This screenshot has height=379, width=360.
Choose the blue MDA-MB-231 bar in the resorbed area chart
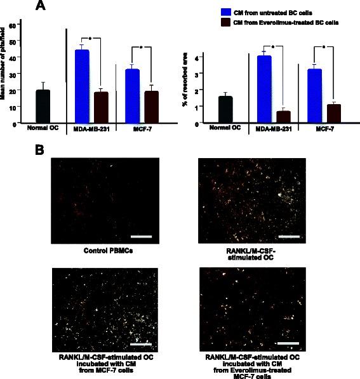(264, 89)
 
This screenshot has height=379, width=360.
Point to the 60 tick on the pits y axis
(20, 23)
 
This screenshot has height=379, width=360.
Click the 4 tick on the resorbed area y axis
(197, 58)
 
